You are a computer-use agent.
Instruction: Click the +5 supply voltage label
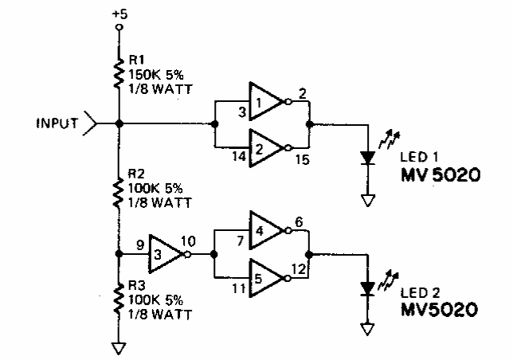119,14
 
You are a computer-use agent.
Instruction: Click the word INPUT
56,123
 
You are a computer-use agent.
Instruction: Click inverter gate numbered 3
162,255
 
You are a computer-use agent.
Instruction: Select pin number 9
141,246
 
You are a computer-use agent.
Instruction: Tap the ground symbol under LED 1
367,200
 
